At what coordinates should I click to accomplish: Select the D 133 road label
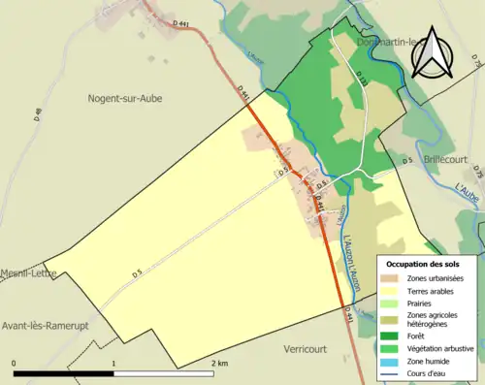click(360, 78)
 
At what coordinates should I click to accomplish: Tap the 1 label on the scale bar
click(114, 362)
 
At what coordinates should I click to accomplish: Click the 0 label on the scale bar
click(14, 362)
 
